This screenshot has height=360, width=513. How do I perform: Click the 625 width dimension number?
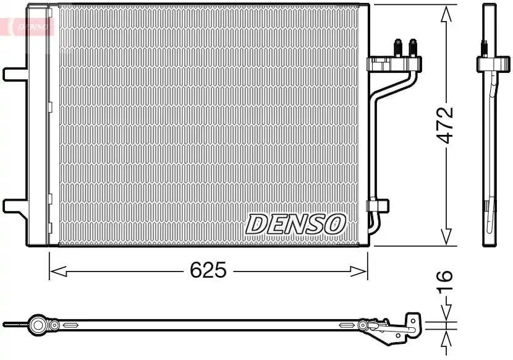[x=208, y=270]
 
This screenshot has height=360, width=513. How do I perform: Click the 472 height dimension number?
[x=445, y=125]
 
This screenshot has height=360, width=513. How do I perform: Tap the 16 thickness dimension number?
[x=444, y=280]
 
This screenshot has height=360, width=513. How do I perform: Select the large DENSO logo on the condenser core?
[x=295, y=225]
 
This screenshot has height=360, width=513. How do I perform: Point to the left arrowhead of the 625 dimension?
[x=58, y=271]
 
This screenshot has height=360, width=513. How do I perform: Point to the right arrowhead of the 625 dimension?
[x=358, y=271]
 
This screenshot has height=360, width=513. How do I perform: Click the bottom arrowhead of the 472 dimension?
[x=446, y=236]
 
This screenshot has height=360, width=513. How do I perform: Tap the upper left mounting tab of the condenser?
[x=15, y=74]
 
